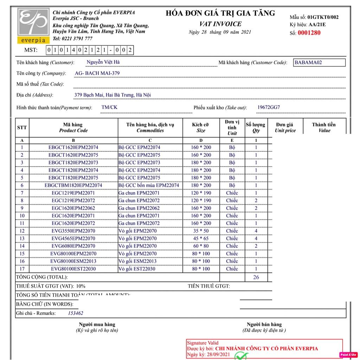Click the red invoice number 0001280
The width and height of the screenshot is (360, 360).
point(309,33)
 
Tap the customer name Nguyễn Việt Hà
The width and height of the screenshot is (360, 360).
point(103,62)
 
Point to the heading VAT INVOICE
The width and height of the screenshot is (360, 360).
point(220,24)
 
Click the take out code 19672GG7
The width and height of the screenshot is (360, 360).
point(269,107)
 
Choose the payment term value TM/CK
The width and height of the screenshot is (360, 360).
point(109,107)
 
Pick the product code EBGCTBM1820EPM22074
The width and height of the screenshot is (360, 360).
point(73,185)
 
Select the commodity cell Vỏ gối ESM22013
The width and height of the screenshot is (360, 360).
point(137,261)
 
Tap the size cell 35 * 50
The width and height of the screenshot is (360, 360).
point(201,231)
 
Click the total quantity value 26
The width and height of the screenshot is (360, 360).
point(256,277)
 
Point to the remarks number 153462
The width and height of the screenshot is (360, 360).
point(75,313)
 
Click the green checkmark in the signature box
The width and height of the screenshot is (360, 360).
point(241,356)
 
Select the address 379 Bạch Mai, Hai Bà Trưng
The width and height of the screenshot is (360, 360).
point(112,95)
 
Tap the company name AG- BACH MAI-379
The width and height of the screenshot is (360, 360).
point(97,73)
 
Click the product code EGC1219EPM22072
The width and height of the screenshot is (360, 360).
point(73,200)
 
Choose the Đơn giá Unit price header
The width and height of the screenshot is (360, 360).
point(285,127)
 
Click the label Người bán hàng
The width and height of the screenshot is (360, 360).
point(264,324)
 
